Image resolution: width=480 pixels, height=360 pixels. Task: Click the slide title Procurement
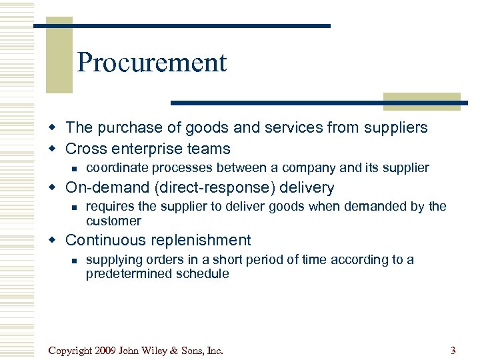coord(152,63)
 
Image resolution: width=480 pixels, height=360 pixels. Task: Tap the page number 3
coord(453,350)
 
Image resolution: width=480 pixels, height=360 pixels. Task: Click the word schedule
coord(203,273)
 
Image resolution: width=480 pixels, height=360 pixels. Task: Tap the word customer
coord(113,221)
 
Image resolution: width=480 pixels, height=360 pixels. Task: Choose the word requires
coord(109,207)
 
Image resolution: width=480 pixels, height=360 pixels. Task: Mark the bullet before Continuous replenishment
coord(57,241)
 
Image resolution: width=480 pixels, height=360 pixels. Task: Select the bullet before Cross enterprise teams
coord(57,149)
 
